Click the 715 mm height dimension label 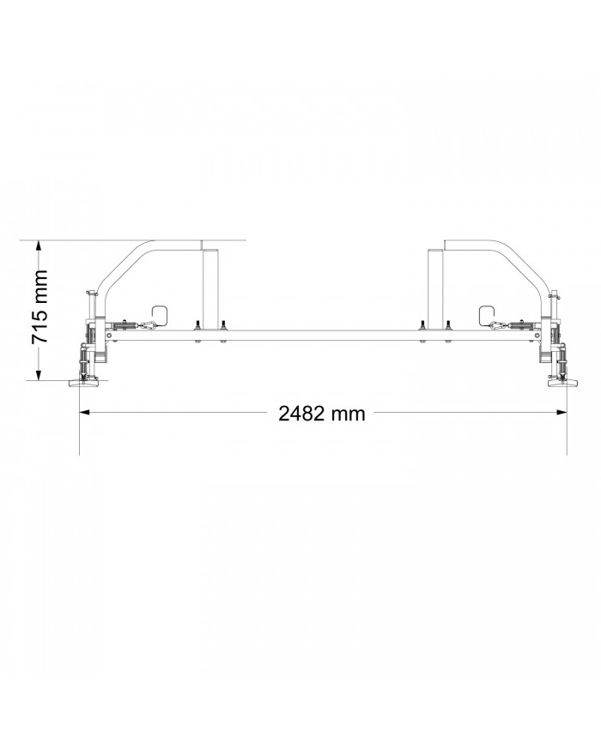tap(39, 307)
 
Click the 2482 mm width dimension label tap(322, 414)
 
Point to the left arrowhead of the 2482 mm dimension tap(85, 411)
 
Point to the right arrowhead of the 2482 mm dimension tap(562, 411)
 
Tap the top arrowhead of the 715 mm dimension tap(39, 246)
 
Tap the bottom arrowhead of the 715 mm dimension tap(39, 374)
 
